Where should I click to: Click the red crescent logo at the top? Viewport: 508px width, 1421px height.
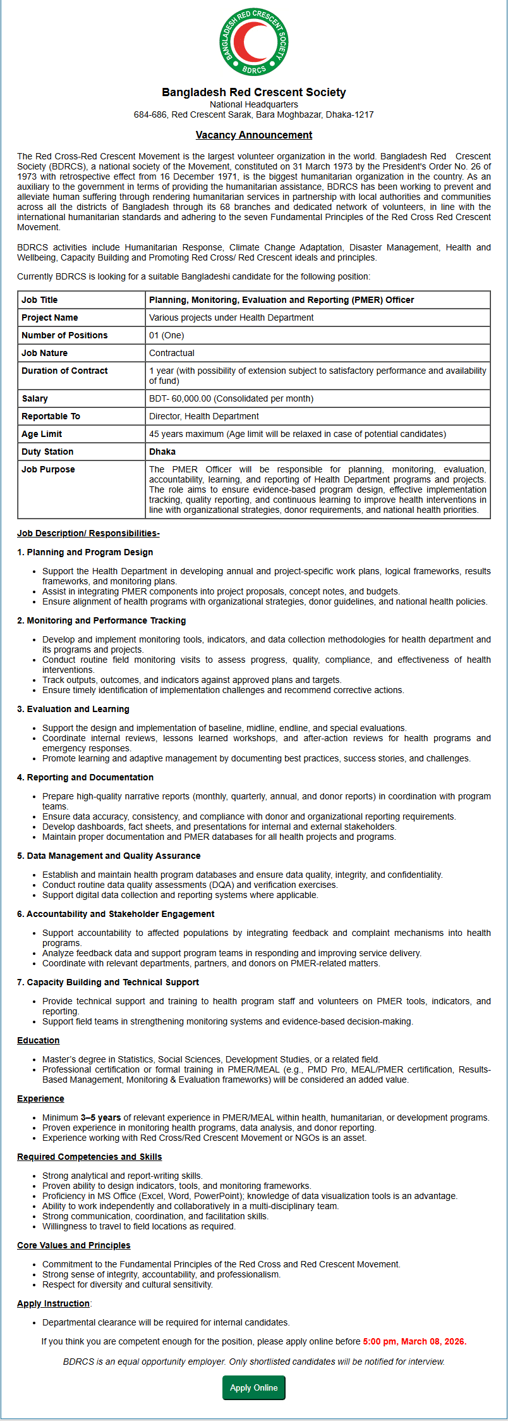(253, 42)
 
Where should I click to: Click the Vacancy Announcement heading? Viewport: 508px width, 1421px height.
(253, 135)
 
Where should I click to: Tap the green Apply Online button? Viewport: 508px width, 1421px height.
(253, 1387)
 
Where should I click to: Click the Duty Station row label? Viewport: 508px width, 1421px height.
(47, 452)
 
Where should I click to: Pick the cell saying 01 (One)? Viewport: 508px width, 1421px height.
(166, 335)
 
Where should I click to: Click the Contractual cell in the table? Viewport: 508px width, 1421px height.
(172, 353)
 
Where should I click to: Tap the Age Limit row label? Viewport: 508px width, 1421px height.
(42, 434)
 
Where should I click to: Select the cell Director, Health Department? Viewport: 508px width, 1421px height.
(203, 416)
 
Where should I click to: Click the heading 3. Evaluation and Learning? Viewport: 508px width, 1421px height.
(73, 709)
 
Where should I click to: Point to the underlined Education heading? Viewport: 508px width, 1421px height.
(39, 1040)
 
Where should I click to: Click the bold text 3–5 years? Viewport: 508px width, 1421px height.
(100, 1117)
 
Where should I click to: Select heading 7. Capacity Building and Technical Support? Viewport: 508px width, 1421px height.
(108, 982)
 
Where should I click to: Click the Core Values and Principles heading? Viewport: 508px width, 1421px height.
(74, 1245)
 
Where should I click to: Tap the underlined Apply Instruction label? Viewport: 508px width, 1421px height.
(54, 1303)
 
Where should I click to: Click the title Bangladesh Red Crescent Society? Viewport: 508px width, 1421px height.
(253, 92)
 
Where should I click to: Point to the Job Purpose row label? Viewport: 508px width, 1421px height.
(48, 469)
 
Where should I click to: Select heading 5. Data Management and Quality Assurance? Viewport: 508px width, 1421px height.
(109, 856)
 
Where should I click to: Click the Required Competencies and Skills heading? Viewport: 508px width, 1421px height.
(89, 1157)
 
